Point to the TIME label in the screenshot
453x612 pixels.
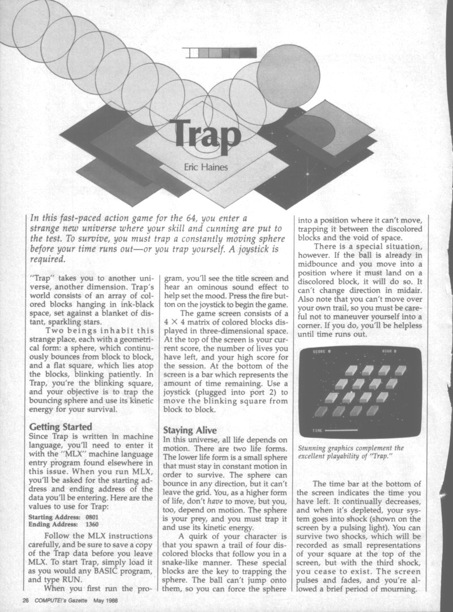tap(318, 430)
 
